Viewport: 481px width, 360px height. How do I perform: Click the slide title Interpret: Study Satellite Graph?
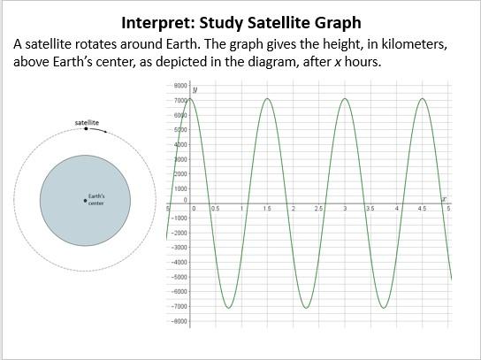(240, 21)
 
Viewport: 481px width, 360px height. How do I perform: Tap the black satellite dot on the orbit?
(86, 129)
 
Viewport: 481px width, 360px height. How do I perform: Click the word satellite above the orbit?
(86, 120)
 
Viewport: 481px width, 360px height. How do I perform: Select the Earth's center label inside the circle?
(96, 199)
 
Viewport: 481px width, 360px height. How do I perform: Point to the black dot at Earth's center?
(85, 200)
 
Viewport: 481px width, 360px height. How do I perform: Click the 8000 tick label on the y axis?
(180, 86)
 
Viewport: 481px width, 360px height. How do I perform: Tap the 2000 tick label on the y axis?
(180, 174)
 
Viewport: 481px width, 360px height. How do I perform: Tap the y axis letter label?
(194, 89)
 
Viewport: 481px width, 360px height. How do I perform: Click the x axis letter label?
(444, 198)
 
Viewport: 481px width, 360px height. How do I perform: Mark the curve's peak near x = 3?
(345, 98)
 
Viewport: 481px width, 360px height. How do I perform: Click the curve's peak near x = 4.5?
(423, 98)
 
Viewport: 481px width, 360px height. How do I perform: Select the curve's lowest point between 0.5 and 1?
(228, 308)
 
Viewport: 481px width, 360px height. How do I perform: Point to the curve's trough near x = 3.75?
(384, 308)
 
